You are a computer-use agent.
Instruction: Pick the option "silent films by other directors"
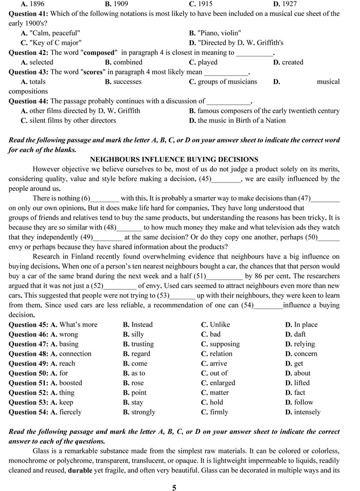(x=72, y=120)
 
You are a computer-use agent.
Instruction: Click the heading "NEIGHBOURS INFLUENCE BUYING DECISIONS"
(x=174, y=159)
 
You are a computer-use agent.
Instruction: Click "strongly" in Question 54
(x=143, y=412)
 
